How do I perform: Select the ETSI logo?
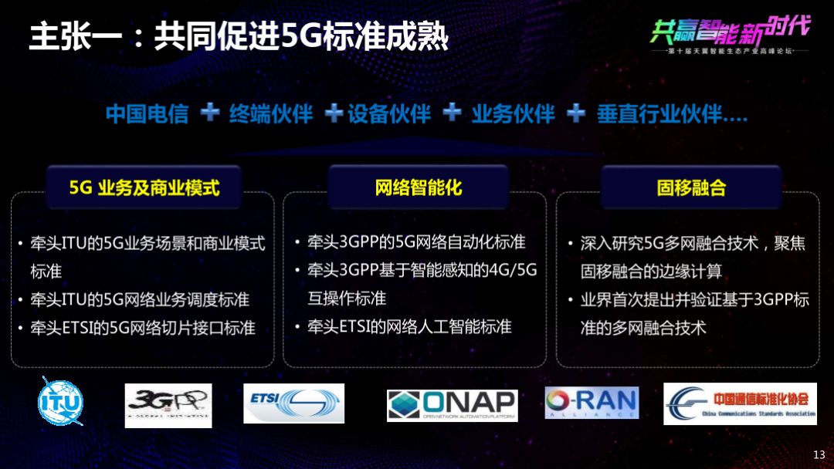pyautogui.click(x=293, y=403)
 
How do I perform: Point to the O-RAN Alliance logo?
pyautogui.click(x=592, y=402)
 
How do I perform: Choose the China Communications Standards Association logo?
pyautogui.click(x=740, y=403)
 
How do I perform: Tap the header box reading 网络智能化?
pyautogui.click(x=418, y=187)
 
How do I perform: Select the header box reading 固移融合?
pyautogui.click(x=691, y=187)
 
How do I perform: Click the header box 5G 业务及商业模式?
pyautogui.click(x=144, y=187)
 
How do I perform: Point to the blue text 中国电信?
pyautogui.click(x=147, y=114)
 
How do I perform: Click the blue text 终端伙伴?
pyautogui.click(x=271, y=114)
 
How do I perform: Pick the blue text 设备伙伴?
pyautogui.click(x=389, y=114)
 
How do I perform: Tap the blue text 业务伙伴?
pyautogui.click(x=513, y=114)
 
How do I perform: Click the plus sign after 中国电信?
pyautogui.click(x=209, y=113)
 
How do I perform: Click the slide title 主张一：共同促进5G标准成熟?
pyautogui.click(x=239, y=37)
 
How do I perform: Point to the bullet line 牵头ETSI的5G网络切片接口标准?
pyautogui.click(x=143, y=328)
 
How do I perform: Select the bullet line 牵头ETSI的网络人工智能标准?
pyautogui.click(x=409, y=326)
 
